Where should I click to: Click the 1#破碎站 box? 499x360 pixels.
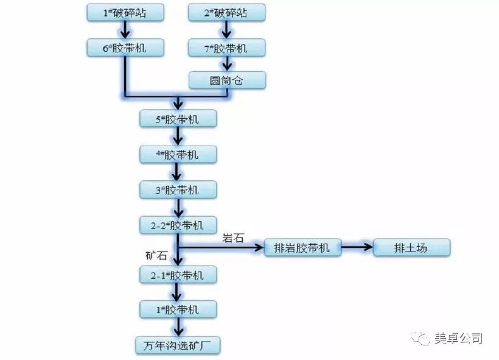125,12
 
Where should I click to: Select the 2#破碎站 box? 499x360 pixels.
226,12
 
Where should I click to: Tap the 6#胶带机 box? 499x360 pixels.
125,48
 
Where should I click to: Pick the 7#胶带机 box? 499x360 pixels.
226,48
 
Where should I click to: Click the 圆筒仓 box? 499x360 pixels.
226,80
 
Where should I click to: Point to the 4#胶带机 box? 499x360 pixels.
177,155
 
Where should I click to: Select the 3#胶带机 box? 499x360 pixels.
177,190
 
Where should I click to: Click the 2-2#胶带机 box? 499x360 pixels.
177,225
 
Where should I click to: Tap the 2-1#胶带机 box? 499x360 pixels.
177,275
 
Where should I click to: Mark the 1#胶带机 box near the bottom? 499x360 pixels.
177,309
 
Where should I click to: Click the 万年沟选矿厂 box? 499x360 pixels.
177,345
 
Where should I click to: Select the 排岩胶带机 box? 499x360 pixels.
302,247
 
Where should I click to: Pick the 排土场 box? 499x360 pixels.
412,247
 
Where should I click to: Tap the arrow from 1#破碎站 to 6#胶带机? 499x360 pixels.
125,29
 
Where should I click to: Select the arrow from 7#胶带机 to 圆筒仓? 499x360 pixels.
226,63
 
